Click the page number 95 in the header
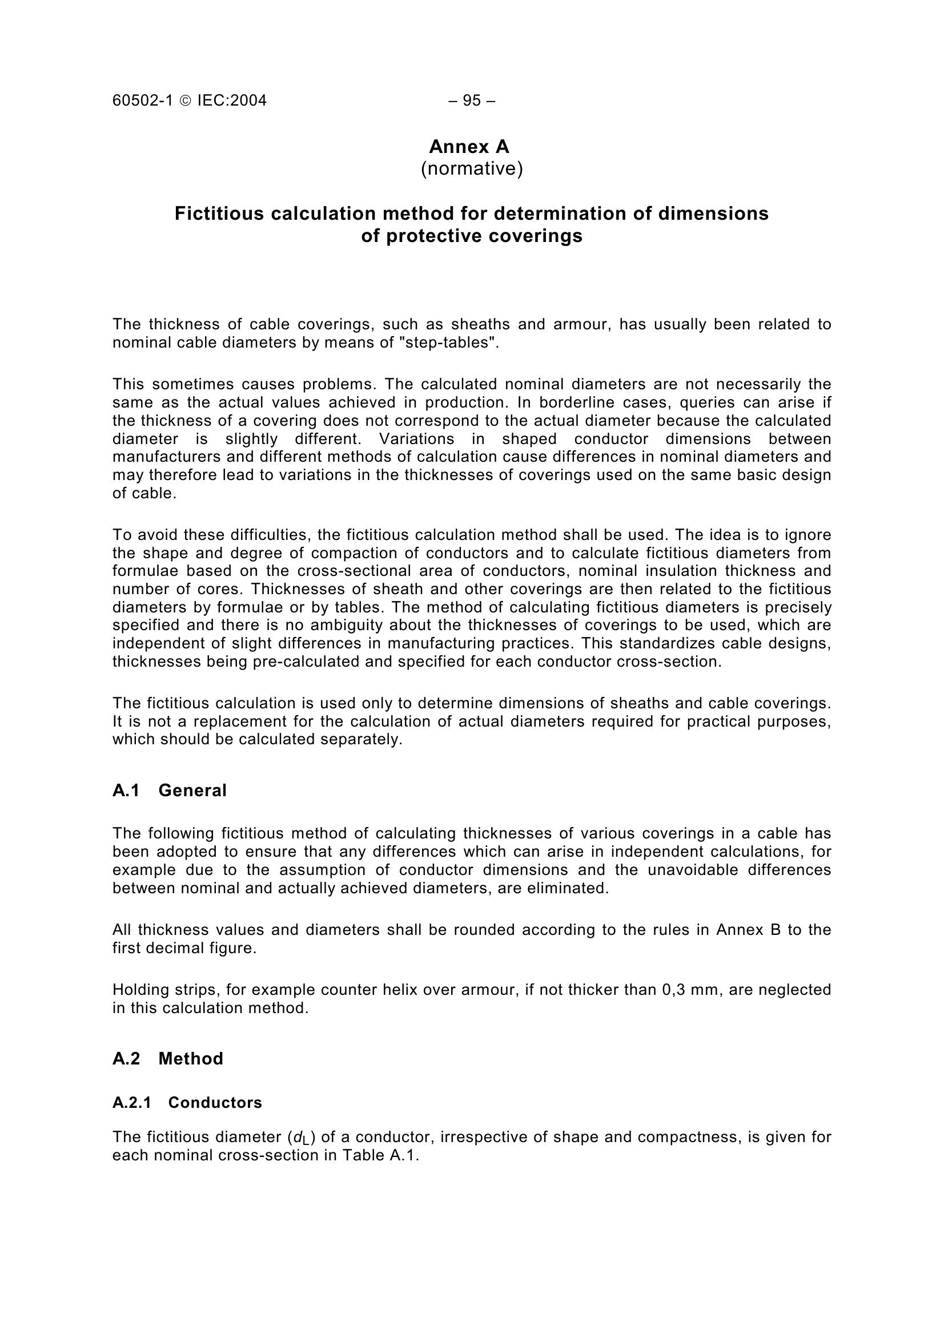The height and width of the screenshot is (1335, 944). (472, 100)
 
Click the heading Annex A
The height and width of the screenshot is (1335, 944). (469, 147)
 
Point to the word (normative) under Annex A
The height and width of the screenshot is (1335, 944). (472, 168)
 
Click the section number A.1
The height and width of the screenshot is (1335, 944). (126, 790)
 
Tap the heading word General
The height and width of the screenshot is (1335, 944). (192, 790)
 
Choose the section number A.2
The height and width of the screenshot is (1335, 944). (126, 1058)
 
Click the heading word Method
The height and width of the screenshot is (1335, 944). (191, 1058)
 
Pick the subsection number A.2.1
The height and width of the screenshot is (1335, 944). (131, 1103)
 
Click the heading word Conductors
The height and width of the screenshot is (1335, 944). (215, 1103)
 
